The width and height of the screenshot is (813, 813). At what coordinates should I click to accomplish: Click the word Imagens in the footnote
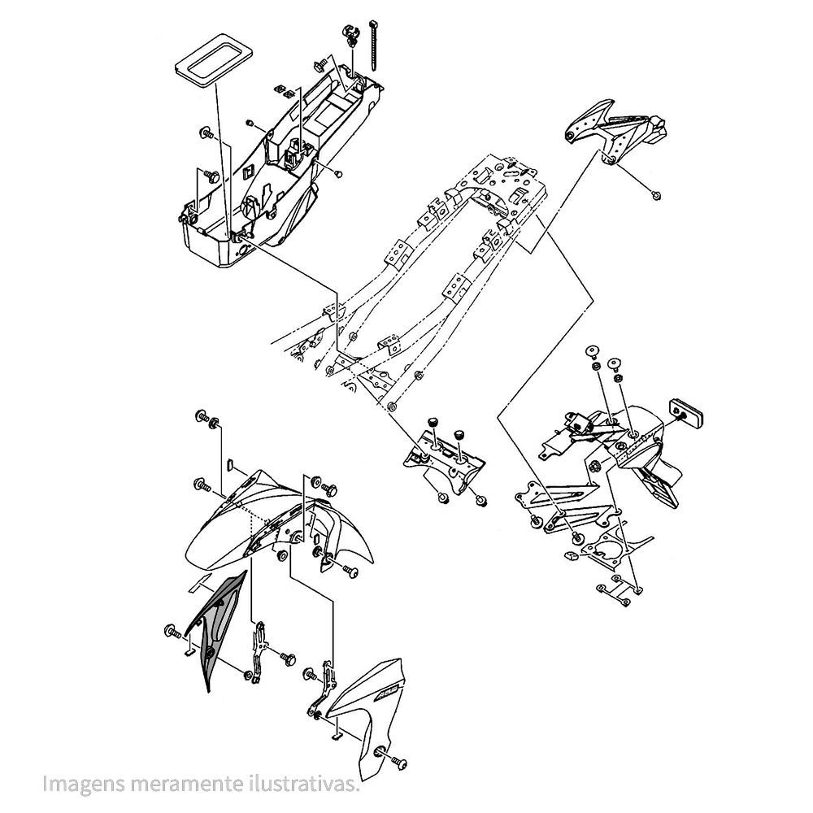[76, 785]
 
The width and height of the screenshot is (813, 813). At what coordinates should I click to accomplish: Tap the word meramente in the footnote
[175, 785]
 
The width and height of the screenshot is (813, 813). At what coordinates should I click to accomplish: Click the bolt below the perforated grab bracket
[656, 194]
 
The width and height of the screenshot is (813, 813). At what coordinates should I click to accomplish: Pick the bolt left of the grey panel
[172, 631]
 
